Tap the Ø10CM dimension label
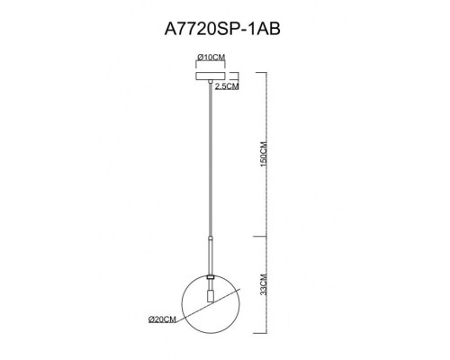(210, 58)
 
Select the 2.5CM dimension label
(228, 87)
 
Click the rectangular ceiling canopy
(209, 75)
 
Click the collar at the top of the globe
(209, 274)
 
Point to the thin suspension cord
(209, 162)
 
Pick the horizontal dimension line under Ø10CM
(209, 65)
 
